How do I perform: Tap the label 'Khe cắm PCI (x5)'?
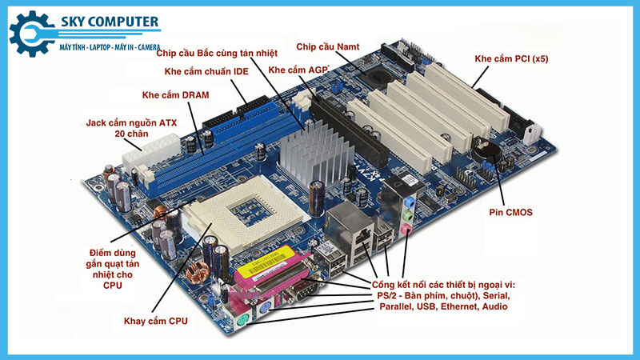(511, 58)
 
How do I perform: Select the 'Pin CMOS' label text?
(510, 212)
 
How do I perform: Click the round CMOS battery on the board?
(486, 152)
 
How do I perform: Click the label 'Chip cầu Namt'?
(328, 47)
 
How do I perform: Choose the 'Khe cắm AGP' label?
(298, 70)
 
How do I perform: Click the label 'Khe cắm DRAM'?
(175, 95)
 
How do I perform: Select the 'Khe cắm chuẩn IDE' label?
(206, 71)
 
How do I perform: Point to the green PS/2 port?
(243, 321)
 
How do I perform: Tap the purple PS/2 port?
(265, 310)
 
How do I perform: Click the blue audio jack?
(410, 202)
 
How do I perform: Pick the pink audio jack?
(406, 229)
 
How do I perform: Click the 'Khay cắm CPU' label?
(156, 322)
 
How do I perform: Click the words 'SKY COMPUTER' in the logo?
(110, 22)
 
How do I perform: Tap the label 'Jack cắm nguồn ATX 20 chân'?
(131, 128)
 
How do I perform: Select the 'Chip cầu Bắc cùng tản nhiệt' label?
(217, 53)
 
